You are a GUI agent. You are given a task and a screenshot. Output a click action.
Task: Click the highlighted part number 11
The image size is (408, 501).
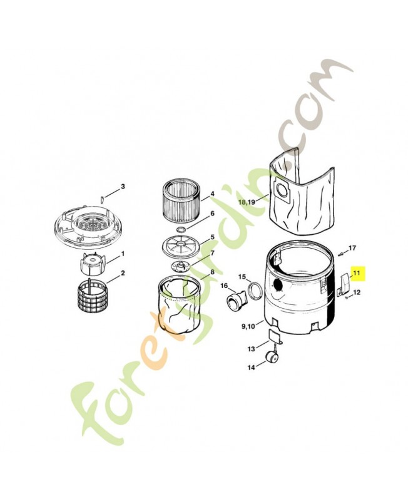[x=356, y=273]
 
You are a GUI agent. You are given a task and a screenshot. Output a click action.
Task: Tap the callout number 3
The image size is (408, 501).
[x=123, y=187]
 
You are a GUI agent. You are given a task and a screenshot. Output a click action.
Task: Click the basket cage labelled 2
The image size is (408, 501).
[x=91, y=296]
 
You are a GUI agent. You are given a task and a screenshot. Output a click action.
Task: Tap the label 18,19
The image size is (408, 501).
[x=247, y=202]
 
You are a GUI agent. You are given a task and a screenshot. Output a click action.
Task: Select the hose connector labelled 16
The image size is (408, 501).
[x=237, y=301]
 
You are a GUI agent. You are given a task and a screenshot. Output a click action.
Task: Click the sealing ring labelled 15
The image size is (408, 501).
[x=255, y=291]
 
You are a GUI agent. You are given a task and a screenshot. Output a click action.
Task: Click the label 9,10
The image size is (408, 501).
[x=248, y=326]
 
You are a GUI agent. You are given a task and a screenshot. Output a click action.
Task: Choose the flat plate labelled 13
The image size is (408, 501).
[x=275, y=337]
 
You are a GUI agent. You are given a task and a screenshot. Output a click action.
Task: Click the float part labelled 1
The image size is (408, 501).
[x=91, y=264]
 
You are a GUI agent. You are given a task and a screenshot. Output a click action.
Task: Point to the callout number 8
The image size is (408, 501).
[x=212, y=272]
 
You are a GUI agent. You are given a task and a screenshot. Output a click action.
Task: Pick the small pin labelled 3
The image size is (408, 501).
[x=102, y=199]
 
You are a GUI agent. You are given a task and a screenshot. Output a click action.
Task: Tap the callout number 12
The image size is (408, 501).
[x=357, y=292]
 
